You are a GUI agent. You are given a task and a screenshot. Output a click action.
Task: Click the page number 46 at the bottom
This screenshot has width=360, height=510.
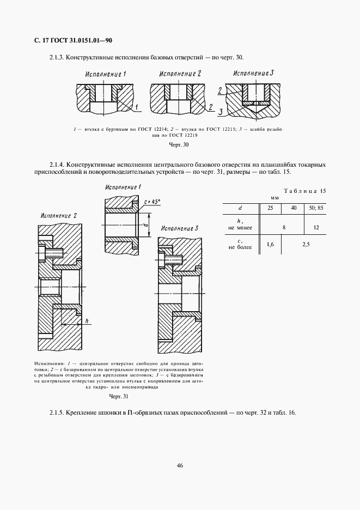click(x=179, y=465)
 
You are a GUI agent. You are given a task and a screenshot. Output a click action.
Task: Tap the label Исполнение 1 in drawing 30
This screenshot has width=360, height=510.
click(x=106, y=74)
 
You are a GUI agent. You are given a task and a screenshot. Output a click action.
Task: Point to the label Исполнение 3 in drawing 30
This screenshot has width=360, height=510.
click(x=253, y=73)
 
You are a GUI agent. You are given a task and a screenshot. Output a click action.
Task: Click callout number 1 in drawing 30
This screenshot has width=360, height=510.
click(x=138, y=107)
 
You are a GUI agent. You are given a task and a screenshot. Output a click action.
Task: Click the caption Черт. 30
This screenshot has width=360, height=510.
click(x=179, y=145)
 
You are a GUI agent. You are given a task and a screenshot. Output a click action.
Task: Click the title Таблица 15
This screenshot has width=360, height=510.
click(x=305, y=191)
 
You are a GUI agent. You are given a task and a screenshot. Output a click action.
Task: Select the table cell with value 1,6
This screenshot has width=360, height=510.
click(x=270, y=244)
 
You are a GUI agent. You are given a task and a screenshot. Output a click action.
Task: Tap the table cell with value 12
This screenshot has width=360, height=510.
click(x=316, y=226)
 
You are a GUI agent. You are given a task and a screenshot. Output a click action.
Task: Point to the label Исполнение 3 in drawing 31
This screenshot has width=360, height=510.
click(x=180, y=228)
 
